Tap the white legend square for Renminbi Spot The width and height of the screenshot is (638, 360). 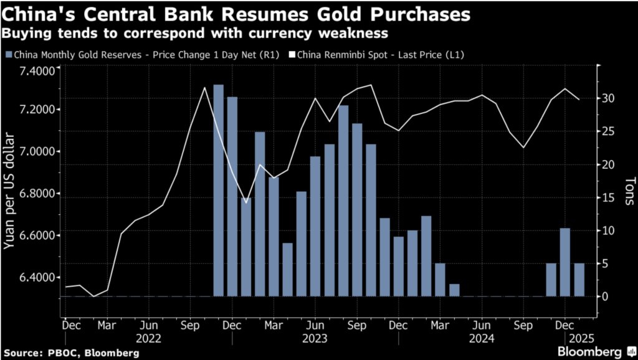click(292, 55)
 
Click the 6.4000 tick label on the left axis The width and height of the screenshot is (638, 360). click(37, 277)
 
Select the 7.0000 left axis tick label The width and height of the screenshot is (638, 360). click(37, 151)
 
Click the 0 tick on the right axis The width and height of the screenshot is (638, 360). click(604, 296)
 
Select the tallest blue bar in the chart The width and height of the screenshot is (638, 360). click(218, 190)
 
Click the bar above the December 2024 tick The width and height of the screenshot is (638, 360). click(565, 262)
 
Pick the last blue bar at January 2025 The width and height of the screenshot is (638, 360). click(579, 280)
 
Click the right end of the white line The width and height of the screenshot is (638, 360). click(579, 99)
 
